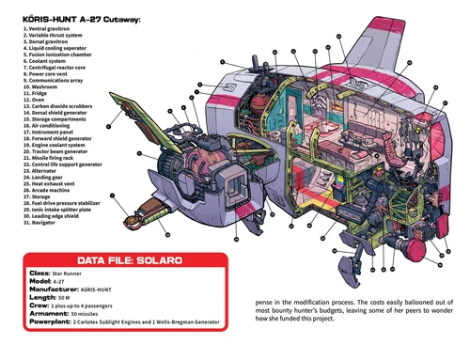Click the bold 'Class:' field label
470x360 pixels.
point(39,274)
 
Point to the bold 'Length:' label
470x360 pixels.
point(42,297)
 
